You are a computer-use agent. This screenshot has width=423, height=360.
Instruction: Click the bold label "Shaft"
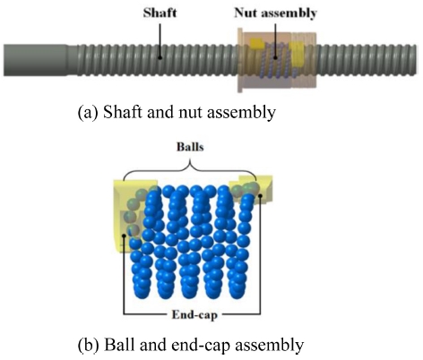tap(160, 13)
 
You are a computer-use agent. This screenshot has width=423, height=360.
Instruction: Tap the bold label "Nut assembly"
tap(275, 13)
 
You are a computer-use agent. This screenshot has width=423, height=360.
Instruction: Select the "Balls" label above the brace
tap(190, 147)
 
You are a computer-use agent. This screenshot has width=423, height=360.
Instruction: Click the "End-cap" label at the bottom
tap(194, 314)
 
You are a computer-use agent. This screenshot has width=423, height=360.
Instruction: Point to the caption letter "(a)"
tap(88, 113)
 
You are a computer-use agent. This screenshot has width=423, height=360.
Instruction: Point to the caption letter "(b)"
tap(88, 345)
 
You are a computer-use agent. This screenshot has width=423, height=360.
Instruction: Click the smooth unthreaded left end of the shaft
tap(35, 60)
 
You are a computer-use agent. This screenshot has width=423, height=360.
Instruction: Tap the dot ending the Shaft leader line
tap(160, 57)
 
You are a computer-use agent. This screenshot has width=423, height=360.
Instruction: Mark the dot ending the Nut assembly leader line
tap(276, 57)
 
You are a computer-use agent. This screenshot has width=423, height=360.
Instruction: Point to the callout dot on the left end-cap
tap(124, 236)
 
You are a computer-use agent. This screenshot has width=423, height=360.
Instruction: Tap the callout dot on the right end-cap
tap(260, 196)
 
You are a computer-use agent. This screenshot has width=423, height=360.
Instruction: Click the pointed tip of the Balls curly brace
tap(190, 162)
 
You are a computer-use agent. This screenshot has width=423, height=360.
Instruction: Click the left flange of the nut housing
tap(240, 60)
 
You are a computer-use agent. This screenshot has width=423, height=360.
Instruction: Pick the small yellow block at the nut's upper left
tap(257, 43)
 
